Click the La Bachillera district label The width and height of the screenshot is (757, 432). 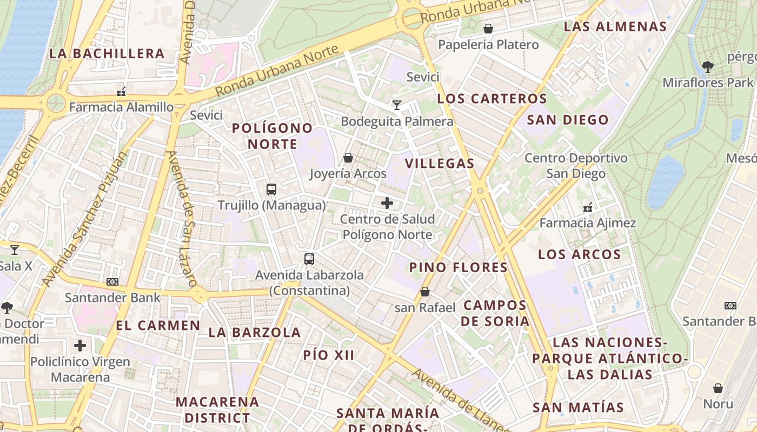click(x=107, y=53)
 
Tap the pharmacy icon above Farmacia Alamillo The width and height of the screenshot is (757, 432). click(x=122, y=91)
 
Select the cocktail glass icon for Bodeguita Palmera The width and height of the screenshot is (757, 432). click(x=397, y=105)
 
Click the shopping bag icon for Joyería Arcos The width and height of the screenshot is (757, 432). click(x=348, y=158)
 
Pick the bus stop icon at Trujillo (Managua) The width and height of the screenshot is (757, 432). click(x=271, y=190)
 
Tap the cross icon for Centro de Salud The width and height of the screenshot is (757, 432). click(x=387, y=203)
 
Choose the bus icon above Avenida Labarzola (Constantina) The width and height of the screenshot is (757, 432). click(x=309, y=259)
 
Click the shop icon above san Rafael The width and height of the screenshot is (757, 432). click(x=425, y=292)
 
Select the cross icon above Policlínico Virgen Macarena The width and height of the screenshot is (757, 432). click(x=80, y=346)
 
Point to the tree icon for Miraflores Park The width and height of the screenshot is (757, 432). click(x=707, y=67)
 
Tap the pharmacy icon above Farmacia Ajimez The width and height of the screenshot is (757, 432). click(x=588, y=207)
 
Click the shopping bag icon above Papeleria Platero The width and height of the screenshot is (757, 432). click(x=488, y=29)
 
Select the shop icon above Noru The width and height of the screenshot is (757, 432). click(x=718, y=388)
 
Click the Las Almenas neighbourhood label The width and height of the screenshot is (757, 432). click(x=615, y=26)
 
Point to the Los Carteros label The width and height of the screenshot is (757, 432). click(x=492, y=99)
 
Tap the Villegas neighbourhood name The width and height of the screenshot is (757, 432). click(x=439, y=164)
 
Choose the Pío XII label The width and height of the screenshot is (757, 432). click(x=329, y=355)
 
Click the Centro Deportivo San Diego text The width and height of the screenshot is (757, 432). click(x=576, y=166)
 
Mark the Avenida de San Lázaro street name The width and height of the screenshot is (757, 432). click(x=181, y=219)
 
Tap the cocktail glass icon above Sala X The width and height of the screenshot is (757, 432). click(x=15, y=249)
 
